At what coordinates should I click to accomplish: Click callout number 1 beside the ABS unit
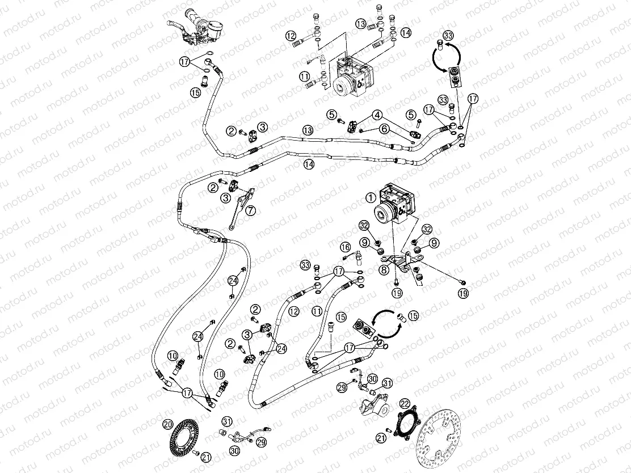(370, 197)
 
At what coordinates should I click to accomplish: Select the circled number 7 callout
(251, 210)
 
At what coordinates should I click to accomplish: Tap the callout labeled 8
(384, 270)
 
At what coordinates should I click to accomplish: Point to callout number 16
(345, 247)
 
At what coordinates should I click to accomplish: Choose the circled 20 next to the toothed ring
(167, 423)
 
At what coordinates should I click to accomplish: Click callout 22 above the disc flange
(405, 403)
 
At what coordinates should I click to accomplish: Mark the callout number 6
(384, 129)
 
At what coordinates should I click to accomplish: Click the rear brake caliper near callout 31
(372, 407)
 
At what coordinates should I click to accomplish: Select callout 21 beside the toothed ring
(206, 457)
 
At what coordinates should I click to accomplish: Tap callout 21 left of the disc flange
(381, 437)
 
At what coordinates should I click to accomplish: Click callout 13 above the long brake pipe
(307, 130)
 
